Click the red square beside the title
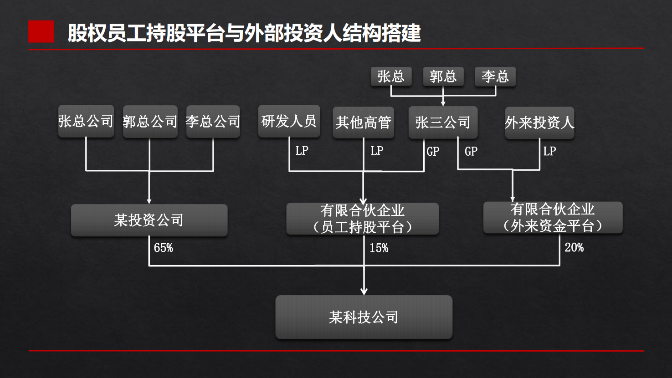tap(41, 32)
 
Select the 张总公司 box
tap(86, 121)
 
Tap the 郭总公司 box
tap(150, 122)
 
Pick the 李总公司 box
tap(213, 122)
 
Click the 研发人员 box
tap(289, 121)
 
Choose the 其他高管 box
tap(363, 122)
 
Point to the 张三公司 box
tap(443, 122)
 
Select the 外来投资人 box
tap(539, 123)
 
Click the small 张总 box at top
tap(391, 77)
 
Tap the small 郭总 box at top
tap(443, 77)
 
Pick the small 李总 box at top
tap(495, 77)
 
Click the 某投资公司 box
tap(149, 220)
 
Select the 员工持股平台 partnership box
tap(363, 219)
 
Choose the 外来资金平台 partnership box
tap(553, 218)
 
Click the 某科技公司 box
tap(364, 317)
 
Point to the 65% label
tap(163, 248)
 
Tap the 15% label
tap(379, 248)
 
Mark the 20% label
tap(574, 247)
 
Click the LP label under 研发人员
tap(302, 151)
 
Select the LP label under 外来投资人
tap(549, 151)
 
